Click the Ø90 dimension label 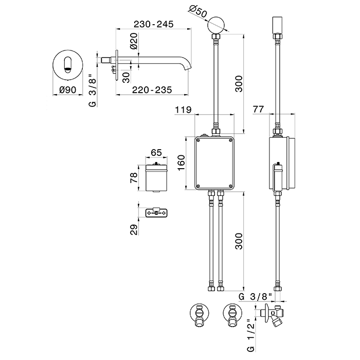coord(68,89)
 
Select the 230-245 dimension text coord(153,24)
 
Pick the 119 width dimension coord(183,109)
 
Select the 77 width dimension coord(259,109)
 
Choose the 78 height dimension coord(133,177)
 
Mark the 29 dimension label coord(133,229)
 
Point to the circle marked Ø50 coord(216,25)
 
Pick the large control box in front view coord(215,163)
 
